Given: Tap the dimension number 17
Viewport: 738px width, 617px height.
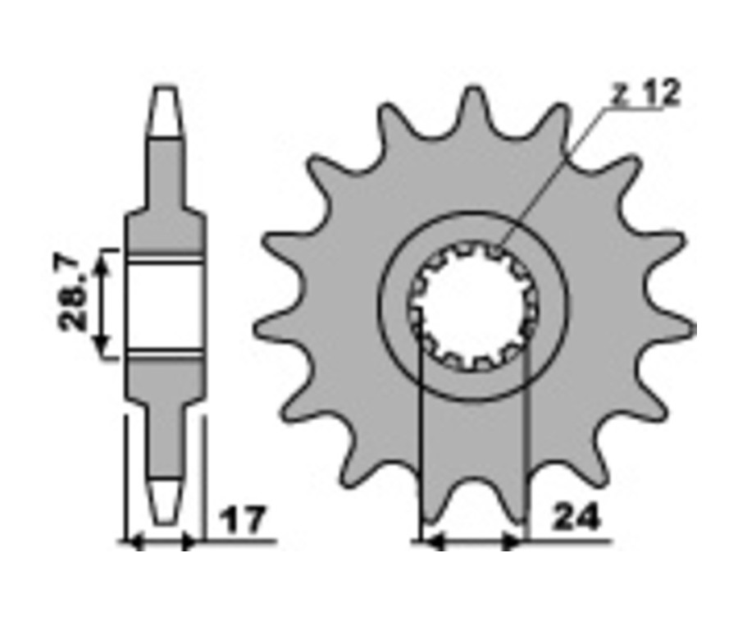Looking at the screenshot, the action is (x=243, y=520).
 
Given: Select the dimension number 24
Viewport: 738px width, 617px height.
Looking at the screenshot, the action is (x=576, y=517).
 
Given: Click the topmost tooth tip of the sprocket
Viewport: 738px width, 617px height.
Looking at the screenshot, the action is (x=473, y=89).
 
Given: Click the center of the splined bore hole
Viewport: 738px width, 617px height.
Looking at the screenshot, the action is (x=474, y=306).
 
